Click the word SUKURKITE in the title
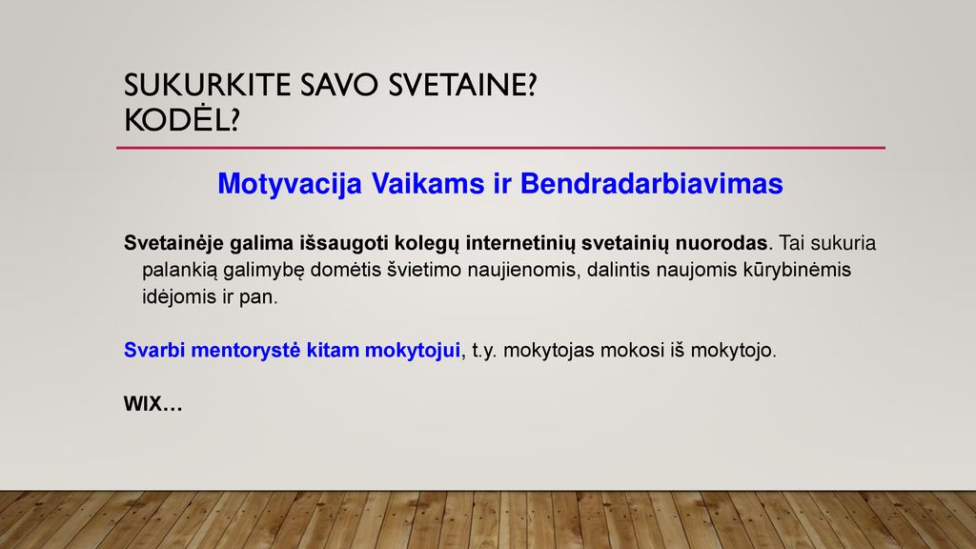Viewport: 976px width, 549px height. click(207, 85)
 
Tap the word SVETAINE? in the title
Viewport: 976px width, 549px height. click(462, 85)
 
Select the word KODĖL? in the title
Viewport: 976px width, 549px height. click(182, 119)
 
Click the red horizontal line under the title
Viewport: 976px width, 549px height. click(500, 148)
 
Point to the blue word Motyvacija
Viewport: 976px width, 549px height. click(290, 184)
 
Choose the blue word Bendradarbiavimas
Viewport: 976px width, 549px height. click(652, 184)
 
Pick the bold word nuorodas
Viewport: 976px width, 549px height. click(722, 243)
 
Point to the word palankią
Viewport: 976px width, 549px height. click(180, 270)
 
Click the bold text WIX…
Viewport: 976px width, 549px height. click(153, 404)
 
